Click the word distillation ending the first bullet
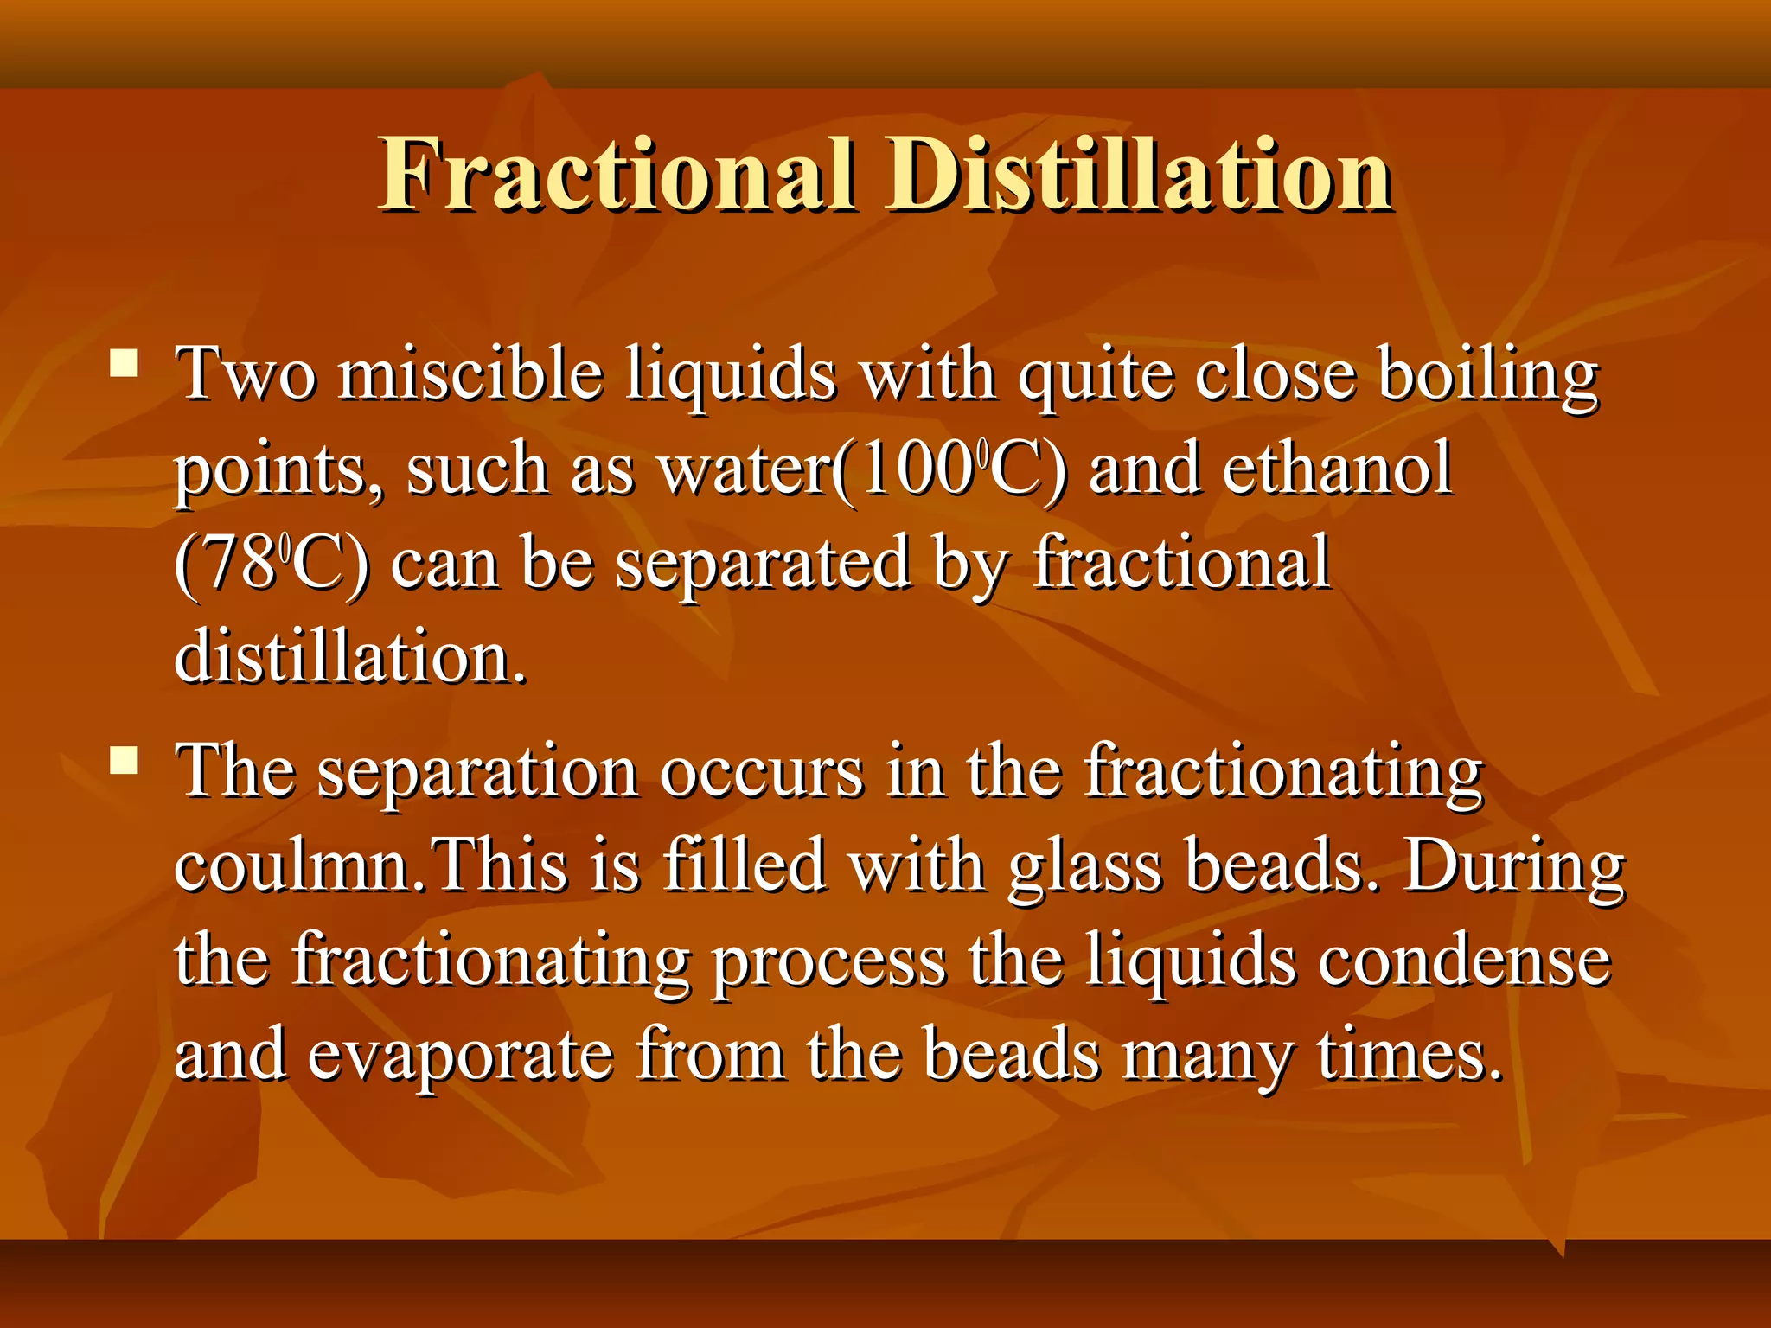[349, 657]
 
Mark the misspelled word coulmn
[294, 866]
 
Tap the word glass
[1085, 868]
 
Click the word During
[1513, 866]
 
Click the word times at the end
[1410, 1056]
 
